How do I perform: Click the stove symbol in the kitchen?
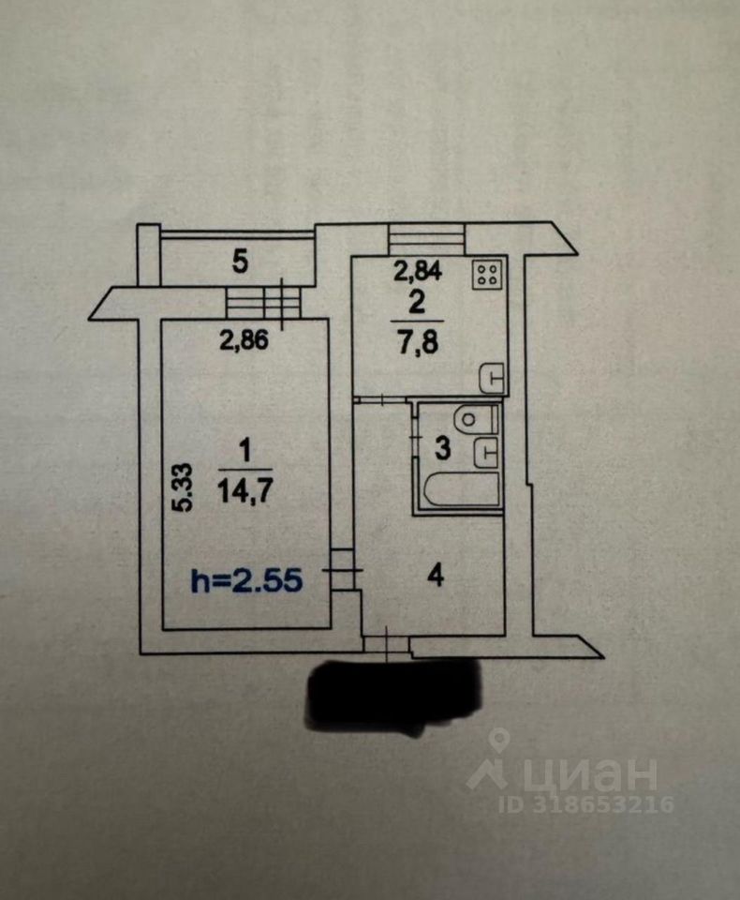pos(488,273)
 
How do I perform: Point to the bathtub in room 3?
pos(458,488)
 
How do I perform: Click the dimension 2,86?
pos(244,341)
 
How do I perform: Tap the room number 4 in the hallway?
pos(435,575)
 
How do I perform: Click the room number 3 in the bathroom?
pos(442,448)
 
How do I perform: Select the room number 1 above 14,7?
pos(244,452)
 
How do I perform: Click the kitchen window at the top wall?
pos(427,238)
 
